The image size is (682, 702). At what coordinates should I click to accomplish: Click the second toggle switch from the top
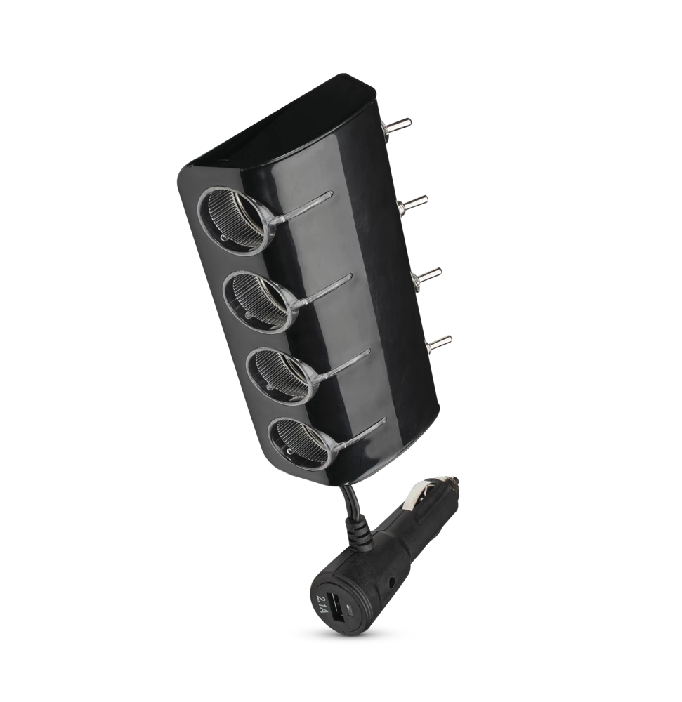414,204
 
